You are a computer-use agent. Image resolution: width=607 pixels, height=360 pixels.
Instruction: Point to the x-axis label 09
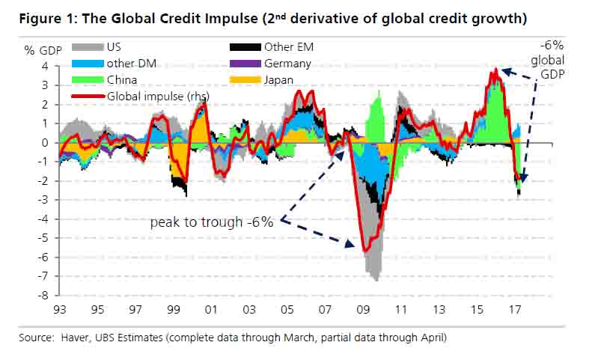point(364,308)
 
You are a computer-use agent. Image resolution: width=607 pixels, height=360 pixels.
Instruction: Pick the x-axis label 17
point(516,308)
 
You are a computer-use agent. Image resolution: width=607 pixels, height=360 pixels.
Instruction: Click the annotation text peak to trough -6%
point(212,222)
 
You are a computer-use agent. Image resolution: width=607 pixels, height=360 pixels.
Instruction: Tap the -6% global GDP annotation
point(552,60)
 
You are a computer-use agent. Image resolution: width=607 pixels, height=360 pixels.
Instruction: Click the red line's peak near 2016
point(495,70)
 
